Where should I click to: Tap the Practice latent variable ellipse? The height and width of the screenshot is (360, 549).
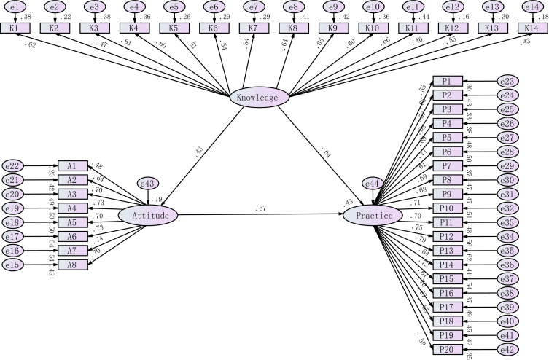point(373,215)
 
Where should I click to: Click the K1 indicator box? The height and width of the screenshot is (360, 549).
point(15,28)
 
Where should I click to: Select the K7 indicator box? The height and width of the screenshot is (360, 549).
point(253,28)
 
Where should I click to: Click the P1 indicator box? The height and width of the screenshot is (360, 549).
point(446,81)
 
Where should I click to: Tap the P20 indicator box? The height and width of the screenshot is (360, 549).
point(446,350)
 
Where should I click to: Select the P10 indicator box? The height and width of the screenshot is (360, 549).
point(446,208)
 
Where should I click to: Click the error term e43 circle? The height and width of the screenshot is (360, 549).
point(148,186)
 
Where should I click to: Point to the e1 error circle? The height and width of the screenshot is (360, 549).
point(15,7)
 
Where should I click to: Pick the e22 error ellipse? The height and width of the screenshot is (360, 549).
point(16,166)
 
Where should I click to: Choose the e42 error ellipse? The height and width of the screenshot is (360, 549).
point(509,350)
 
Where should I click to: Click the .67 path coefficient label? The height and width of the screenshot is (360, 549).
point(261,209)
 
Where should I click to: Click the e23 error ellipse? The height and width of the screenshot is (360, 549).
point(509,81)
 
